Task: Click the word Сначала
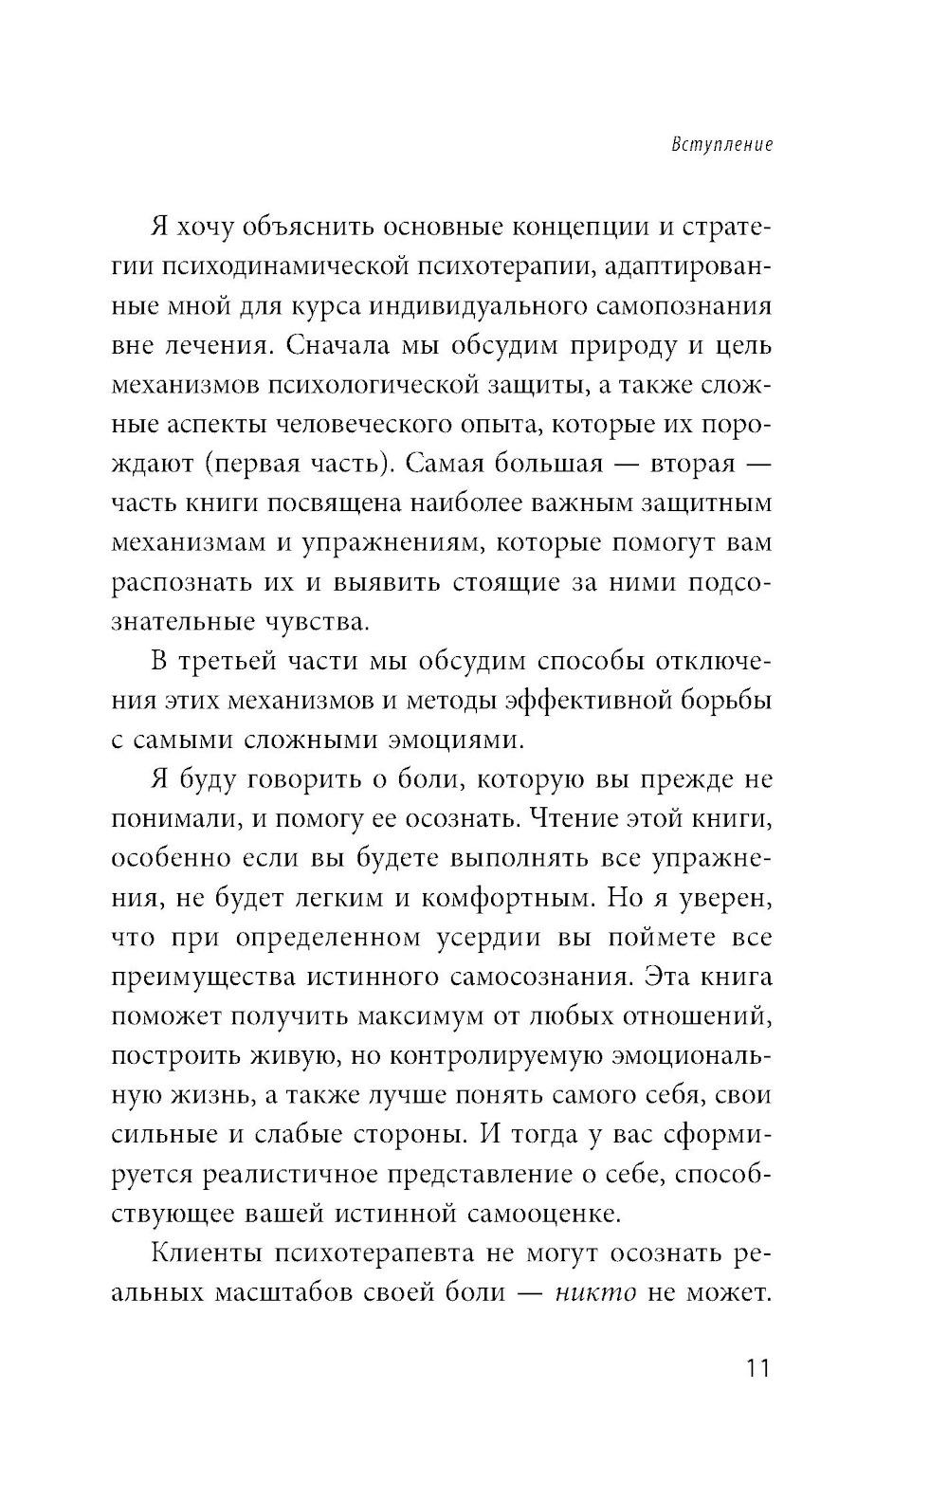click(342, 346)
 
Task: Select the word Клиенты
click(206, 1253)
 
